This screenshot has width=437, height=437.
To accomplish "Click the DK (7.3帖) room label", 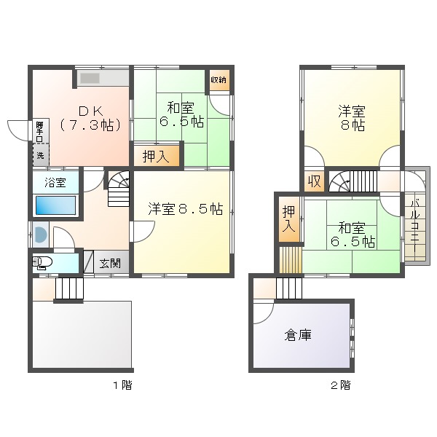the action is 91,119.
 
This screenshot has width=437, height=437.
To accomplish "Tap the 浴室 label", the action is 55,183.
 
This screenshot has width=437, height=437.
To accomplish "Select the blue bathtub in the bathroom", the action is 56,205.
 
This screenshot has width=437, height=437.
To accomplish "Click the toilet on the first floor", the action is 42,262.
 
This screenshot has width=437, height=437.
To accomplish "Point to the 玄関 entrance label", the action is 110,263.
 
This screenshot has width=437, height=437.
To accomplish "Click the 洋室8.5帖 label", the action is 185,209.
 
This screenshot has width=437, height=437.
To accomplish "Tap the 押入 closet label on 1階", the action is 156,157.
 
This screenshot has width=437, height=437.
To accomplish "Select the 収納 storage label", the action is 219,80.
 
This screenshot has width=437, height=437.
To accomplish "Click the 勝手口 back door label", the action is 39,130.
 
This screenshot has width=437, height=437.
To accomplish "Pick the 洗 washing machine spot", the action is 40,155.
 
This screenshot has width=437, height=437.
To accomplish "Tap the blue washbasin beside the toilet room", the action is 40,235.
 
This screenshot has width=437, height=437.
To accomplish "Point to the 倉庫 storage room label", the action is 298,335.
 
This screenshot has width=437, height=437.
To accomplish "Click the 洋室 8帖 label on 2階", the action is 352,118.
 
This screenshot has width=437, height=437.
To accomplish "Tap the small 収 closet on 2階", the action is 315,182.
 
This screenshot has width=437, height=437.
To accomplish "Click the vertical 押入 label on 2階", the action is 288,219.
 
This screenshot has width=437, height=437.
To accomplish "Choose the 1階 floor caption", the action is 122,385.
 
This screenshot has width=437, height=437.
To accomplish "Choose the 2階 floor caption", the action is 341,385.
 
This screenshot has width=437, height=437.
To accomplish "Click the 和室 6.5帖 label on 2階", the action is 353,235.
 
